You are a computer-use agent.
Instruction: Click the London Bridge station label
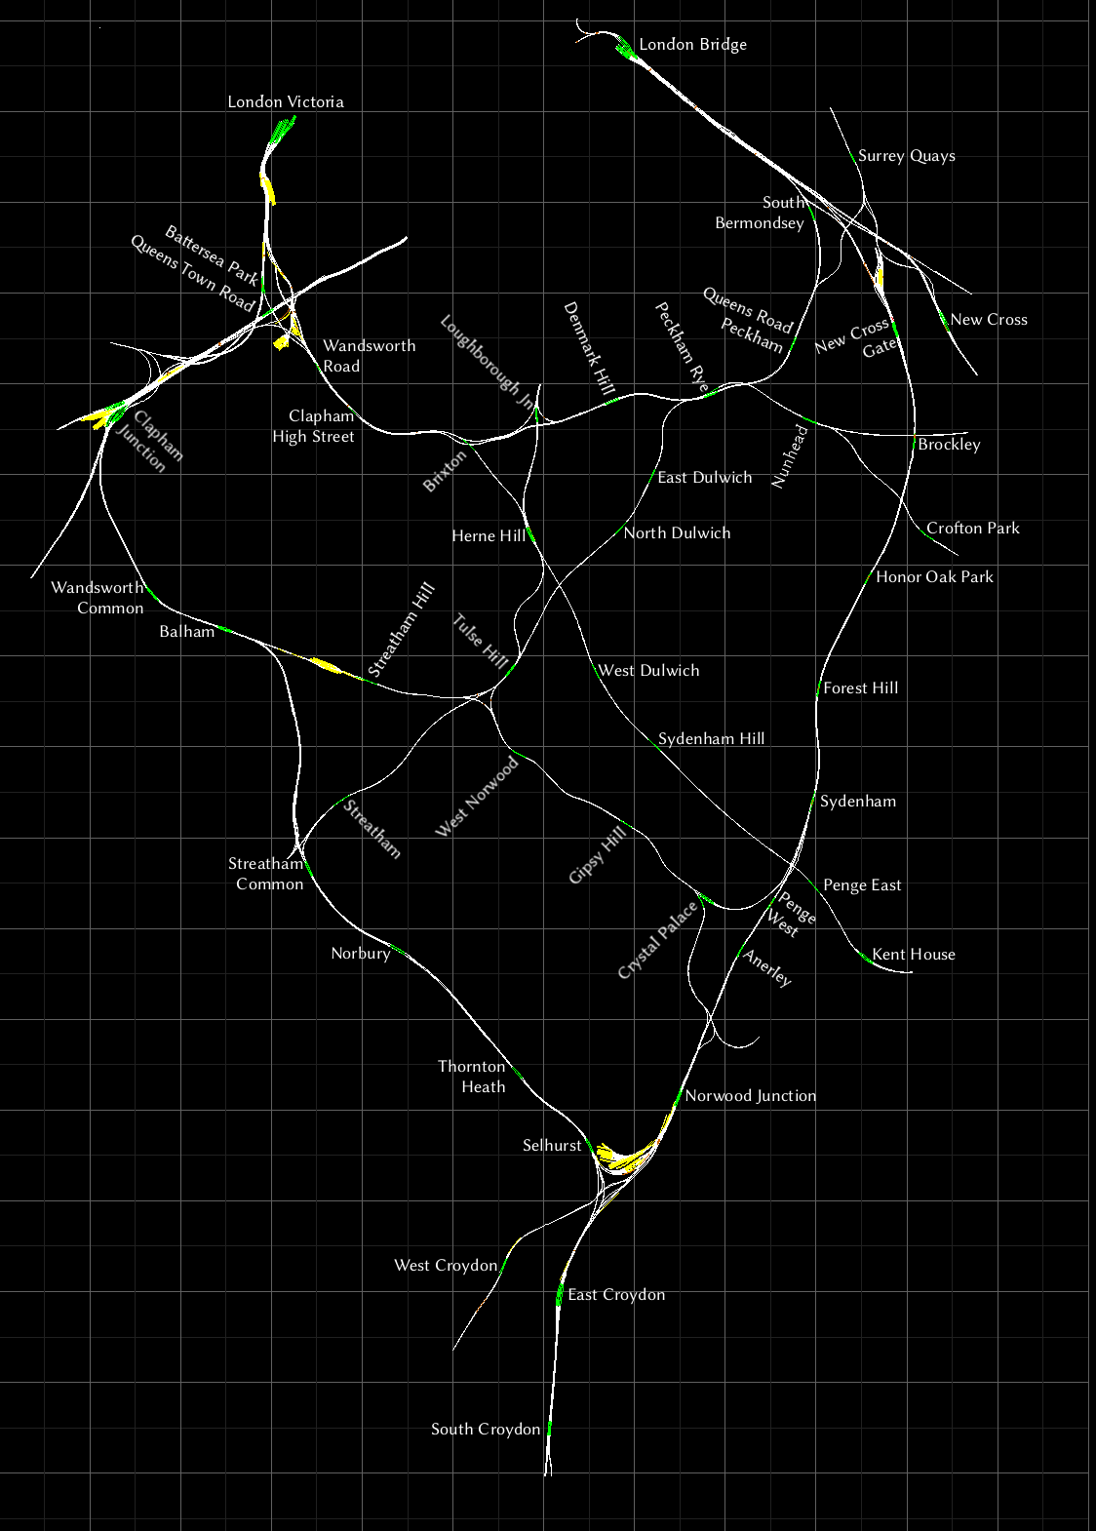point(692,45)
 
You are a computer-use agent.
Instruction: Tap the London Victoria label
point(285,101)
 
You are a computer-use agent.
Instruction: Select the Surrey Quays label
point(906,156)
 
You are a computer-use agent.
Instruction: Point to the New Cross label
point(988,320)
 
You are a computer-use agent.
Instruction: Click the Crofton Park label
point(972,529)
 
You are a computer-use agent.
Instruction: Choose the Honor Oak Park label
point(933,577)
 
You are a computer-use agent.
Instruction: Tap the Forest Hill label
point(860,688)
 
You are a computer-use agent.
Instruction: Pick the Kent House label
point(913,955)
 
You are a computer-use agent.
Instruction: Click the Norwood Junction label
point(750,1096)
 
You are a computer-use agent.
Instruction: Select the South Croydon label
point(485,1430)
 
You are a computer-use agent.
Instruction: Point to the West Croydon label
point(445,1266)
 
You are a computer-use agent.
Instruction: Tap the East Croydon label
point(616,1295)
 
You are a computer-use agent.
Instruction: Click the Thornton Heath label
point(472,1077)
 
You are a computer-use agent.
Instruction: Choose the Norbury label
point(360,954)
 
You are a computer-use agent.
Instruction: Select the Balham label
point(186,632)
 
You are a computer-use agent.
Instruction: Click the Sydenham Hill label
point(711,739)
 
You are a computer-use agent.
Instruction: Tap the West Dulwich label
point(648,671)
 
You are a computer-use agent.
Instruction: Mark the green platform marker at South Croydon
point(550,1429)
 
